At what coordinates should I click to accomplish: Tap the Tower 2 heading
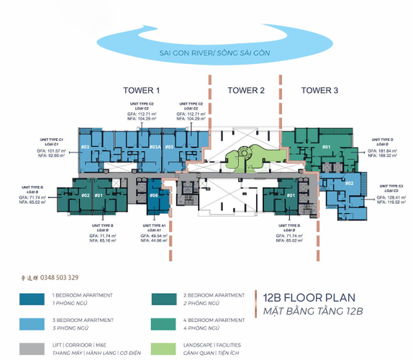pos(246,90)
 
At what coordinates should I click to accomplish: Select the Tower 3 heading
pos(319,90)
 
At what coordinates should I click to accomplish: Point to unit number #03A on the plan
pos(154,148)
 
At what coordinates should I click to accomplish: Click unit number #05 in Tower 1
pos(169,148)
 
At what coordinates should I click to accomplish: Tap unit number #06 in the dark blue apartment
pos(154,196)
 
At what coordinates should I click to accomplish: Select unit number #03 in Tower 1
pos(85,148)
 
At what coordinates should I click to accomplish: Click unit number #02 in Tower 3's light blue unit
pos(348,183)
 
